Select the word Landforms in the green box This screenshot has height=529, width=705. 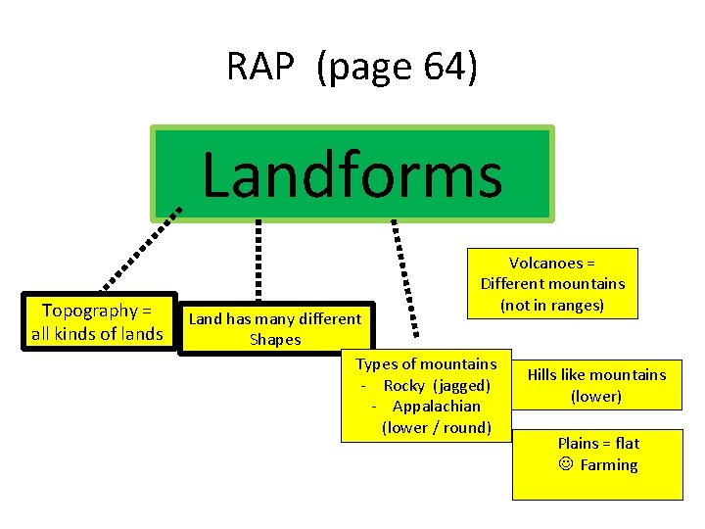coord(352,176)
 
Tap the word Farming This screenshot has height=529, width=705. coord(608,465)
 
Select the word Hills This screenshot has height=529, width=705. coord(545,374)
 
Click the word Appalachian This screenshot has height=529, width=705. coord(436,406)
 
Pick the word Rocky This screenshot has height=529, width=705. coord(405,385)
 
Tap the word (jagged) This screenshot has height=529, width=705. coord(462,385)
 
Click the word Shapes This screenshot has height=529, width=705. coord(275,340)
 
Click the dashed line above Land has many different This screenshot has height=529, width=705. coord(258,260)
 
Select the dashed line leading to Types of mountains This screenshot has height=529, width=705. coord(403,274)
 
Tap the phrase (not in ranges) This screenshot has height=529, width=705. coord(552,306)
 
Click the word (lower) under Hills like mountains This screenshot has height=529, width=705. coord(596,397)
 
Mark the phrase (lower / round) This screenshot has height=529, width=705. coord(436,427)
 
